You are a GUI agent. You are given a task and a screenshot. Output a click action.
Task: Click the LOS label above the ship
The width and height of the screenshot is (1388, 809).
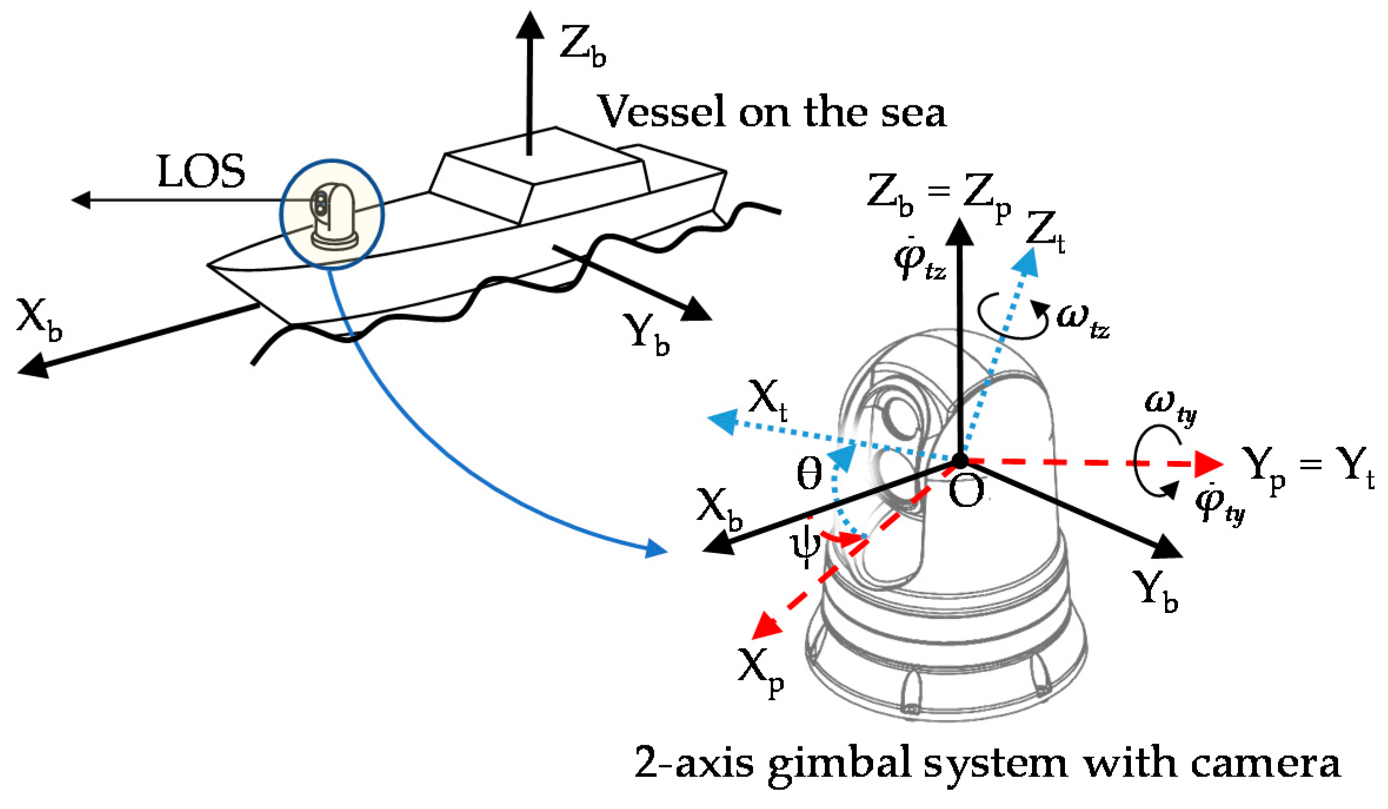tap(201, 172)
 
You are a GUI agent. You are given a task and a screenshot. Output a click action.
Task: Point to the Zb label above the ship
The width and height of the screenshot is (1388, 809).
tap(581, 46)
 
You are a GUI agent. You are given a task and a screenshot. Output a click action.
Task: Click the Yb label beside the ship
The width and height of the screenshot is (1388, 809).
tap(646, 334)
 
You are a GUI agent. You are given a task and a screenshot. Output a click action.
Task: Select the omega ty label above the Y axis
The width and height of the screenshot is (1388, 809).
tap(1170, 406)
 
